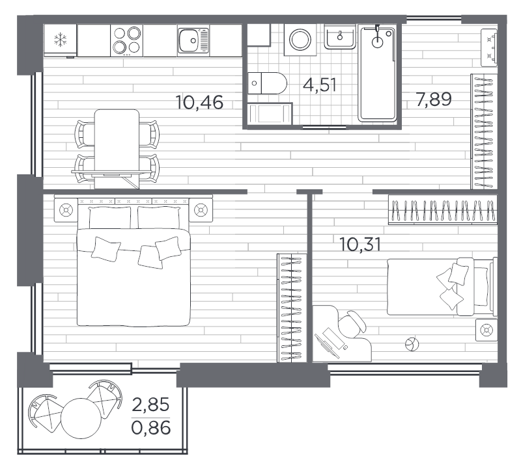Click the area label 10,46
tap(200, 102)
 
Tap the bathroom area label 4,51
tap(320, 85)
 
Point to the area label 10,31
tap(360, 245)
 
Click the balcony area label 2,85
tap(151, 406)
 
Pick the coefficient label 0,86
tap(151, 428)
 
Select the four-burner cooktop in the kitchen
tap(126, 40)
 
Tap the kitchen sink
tap(193, 40)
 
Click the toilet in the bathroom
tap(269, 83)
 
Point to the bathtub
tap(378, 73)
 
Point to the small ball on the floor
tap(411, 344)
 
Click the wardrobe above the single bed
tap(443, 210)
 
